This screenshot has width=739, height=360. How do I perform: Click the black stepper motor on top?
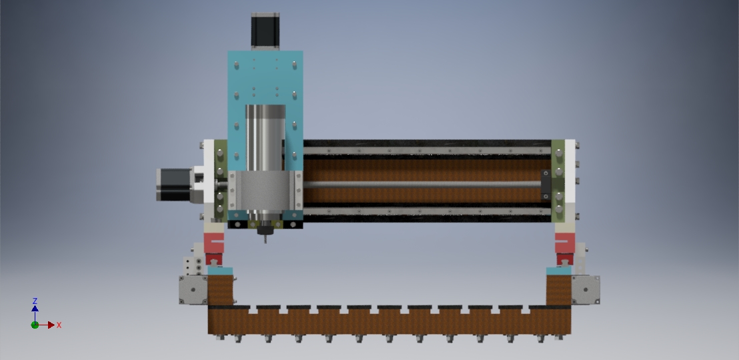[x=265, y=31]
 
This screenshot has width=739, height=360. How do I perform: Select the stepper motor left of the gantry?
[x=174, y=185]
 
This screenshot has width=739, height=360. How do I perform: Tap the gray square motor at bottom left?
[x=193, y=290]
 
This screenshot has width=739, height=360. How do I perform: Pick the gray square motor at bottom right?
[x=586, y=290]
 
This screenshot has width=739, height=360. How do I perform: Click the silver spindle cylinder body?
[x=265, y=138]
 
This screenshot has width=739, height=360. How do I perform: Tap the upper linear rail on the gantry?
[x=427, y=151]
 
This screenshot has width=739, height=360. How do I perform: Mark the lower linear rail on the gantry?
[x=427, y=211]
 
